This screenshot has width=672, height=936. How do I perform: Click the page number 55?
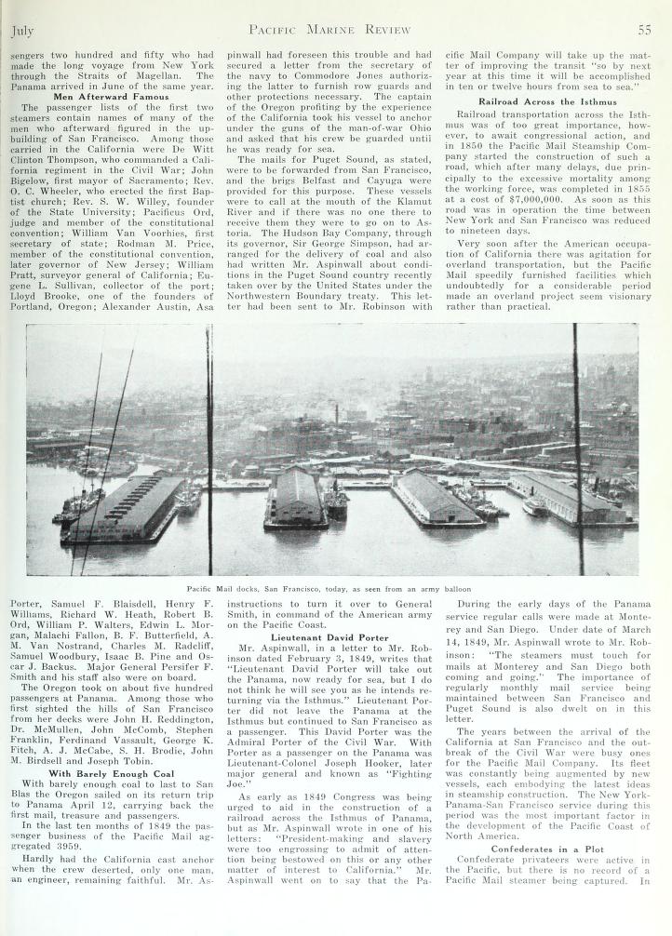(x=643, y=30)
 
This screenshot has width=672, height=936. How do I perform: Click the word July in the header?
(x=22, y=30)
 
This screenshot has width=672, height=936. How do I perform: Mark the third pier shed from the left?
(x=433, y=497)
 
